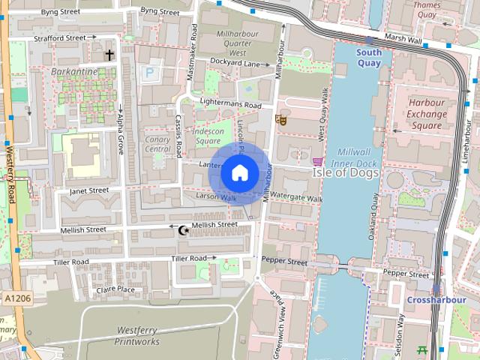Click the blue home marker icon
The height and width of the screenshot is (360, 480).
(238, 173)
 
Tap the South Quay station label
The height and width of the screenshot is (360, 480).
(368, 58)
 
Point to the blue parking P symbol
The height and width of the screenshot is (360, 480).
(149, 73)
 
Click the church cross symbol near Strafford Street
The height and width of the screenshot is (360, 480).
(109, 55)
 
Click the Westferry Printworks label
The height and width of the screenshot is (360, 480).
(137, 336)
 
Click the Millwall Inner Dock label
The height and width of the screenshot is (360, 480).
(355, 155)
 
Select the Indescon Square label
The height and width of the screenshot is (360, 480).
(213, 136)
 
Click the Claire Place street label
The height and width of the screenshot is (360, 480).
(115, 289)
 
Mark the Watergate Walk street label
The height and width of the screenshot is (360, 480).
(295, 199)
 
